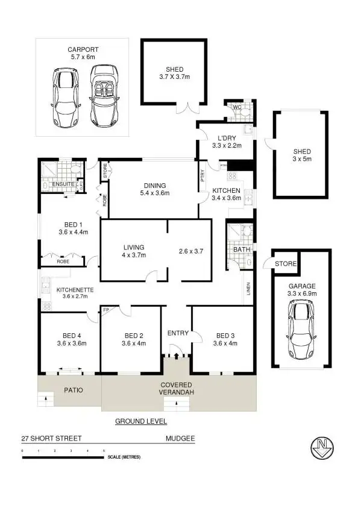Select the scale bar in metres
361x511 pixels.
(x=63, y=457)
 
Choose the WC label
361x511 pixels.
(x=237, y=108)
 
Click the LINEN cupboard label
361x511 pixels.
(x=248, y=290)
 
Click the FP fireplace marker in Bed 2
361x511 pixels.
(x=106, y=311)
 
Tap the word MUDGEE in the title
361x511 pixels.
(x=180, y=439)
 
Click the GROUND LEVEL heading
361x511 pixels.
(x=140, y=421)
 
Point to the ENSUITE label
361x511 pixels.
(x=63, y=184)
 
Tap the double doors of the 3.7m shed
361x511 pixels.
(x=190, y=108)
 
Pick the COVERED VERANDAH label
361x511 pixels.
(x=175, y=389)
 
